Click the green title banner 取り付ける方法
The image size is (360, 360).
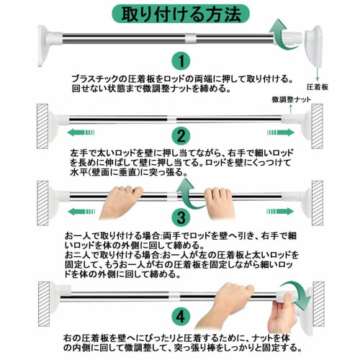click(x=180, y=14)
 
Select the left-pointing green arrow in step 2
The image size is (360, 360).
click(x=84, y=132)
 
